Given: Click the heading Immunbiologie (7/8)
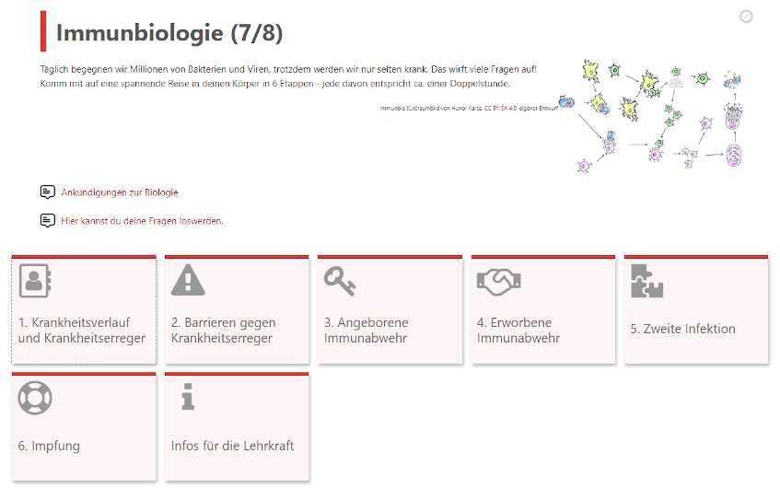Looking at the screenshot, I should (x=169, y=33).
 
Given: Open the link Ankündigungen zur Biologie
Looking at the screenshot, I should (x=119, y=192).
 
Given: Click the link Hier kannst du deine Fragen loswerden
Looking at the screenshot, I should (x=142, y=221).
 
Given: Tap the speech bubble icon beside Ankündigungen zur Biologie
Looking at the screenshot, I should (x=48, y=192).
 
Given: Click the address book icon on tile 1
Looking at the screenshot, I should (x=35, y=280).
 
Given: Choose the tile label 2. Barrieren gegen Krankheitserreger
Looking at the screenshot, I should (x=224, y=331).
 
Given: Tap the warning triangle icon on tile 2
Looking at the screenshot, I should (x=188, y=280).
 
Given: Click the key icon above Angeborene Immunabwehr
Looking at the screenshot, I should (x=340, y=280).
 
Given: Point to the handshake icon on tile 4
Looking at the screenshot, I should (x=499, y=280).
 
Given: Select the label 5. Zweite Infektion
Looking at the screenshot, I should (x=682, y=329).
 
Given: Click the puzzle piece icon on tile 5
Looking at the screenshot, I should (x=646, y=280).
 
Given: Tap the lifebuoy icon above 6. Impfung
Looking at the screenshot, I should (x=35, y=397).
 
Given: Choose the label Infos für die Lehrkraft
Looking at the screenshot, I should (x=233, y=446).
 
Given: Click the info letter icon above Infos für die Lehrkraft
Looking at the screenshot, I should (x=188, y=397).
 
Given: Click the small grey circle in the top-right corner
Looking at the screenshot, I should (x=746, y=17).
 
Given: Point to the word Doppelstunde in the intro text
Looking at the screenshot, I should (x=479, y=84).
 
